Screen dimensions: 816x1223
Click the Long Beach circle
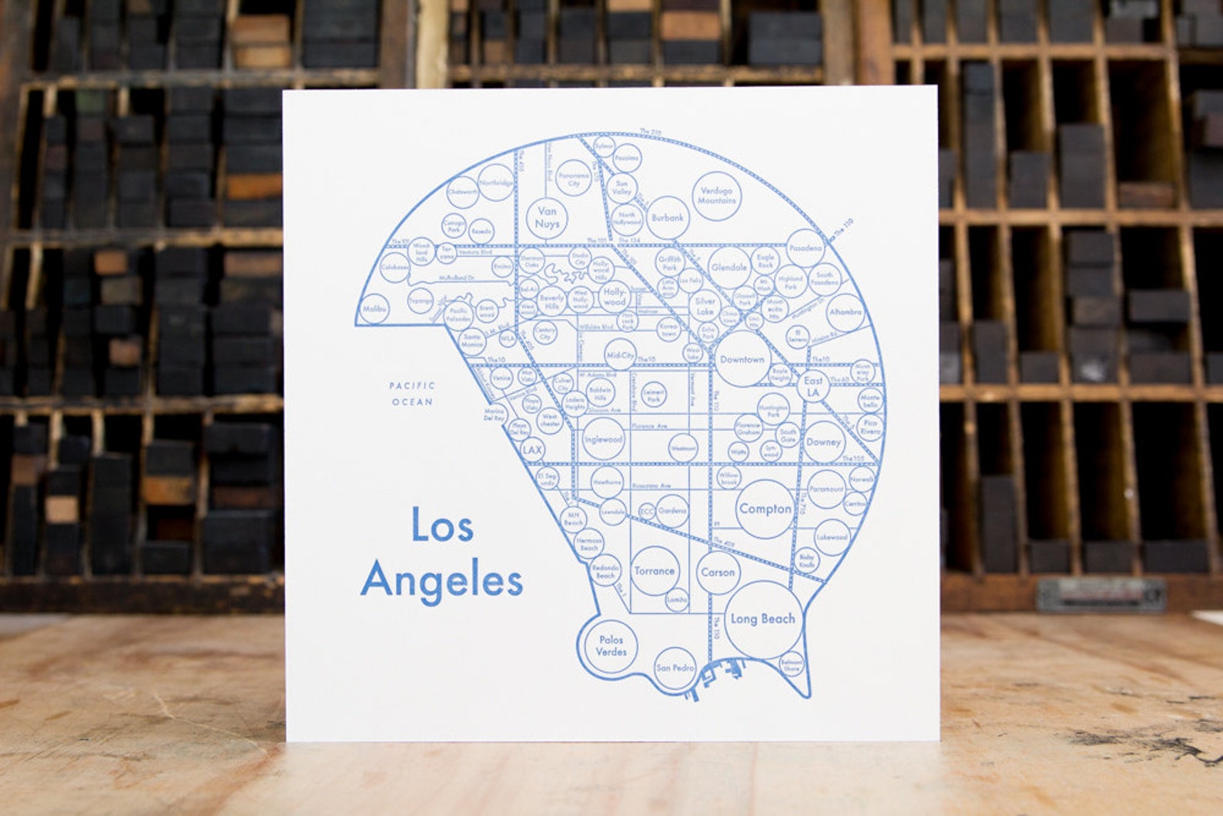coord(762,619)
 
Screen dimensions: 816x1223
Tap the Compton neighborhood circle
coord(764,509)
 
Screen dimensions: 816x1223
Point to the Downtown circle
coord(742,360)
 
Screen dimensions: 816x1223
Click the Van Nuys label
coord(547,217)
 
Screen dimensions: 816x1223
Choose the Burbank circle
coord(667,218)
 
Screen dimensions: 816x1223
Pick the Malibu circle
coord(374,309)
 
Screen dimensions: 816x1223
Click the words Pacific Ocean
coord(412,393)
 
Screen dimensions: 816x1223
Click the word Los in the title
coord(441,528)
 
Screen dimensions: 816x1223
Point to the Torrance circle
coord(654,571)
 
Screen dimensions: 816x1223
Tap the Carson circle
coord(718,573)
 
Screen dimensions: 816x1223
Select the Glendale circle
coord(729,267)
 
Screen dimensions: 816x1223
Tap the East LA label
coord(813,387)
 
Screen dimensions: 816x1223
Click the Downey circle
coord(823,442)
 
